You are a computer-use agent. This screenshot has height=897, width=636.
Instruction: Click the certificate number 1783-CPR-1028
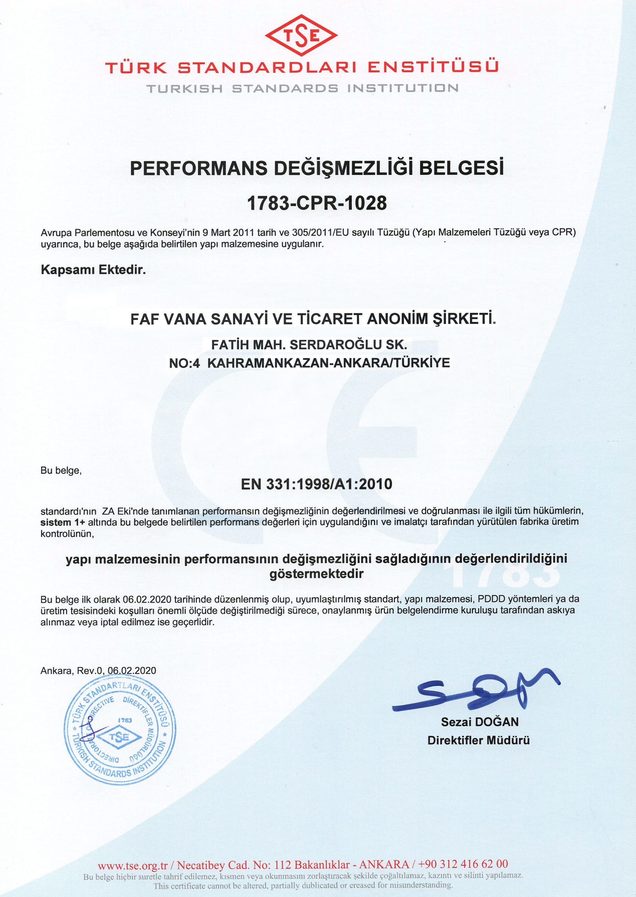click(317, 203)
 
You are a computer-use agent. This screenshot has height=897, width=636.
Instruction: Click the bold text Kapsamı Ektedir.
click(93, 270)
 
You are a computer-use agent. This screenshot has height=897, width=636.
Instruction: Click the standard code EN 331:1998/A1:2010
click(317, 484)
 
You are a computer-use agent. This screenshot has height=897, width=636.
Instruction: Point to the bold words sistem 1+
click(63, 522)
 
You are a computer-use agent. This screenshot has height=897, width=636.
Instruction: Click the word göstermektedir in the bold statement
click(317, 574)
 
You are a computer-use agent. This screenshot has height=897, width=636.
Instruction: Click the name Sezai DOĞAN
click(480, 721)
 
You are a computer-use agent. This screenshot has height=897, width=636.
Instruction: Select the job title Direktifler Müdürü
click(479, 740)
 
